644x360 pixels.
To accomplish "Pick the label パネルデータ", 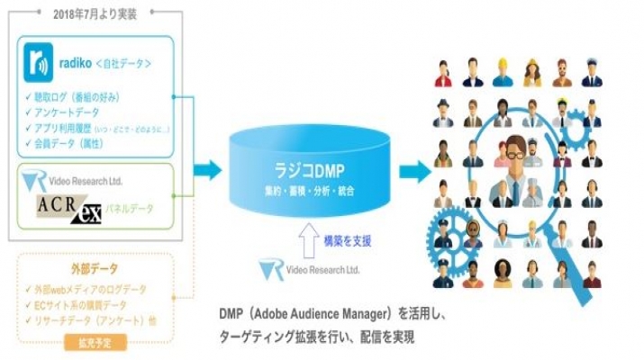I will coord(130,209).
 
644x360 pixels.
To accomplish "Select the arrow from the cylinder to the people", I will coord(414,168).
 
